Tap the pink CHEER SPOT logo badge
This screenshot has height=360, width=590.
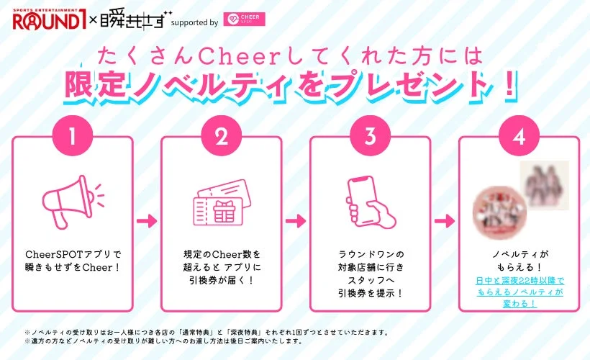click(245, 19)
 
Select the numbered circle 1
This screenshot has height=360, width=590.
click(73, 135)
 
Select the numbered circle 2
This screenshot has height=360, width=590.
click(221, 135)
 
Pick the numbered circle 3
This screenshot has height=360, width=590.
click(370, 135)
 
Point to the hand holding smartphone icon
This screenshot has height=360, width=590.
click(369, 201)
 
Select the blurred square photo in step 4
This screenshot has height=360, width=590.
click(545, 185)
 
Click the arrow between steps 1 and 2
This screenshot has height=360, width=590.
click(147, 220)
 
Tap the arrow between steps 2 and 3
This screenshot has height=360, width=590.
click(296, 220)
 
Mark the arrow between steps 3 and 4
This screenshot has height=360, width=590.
click(445, 220)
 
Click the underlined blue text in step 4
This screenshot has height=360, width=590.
click(519, 292)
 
